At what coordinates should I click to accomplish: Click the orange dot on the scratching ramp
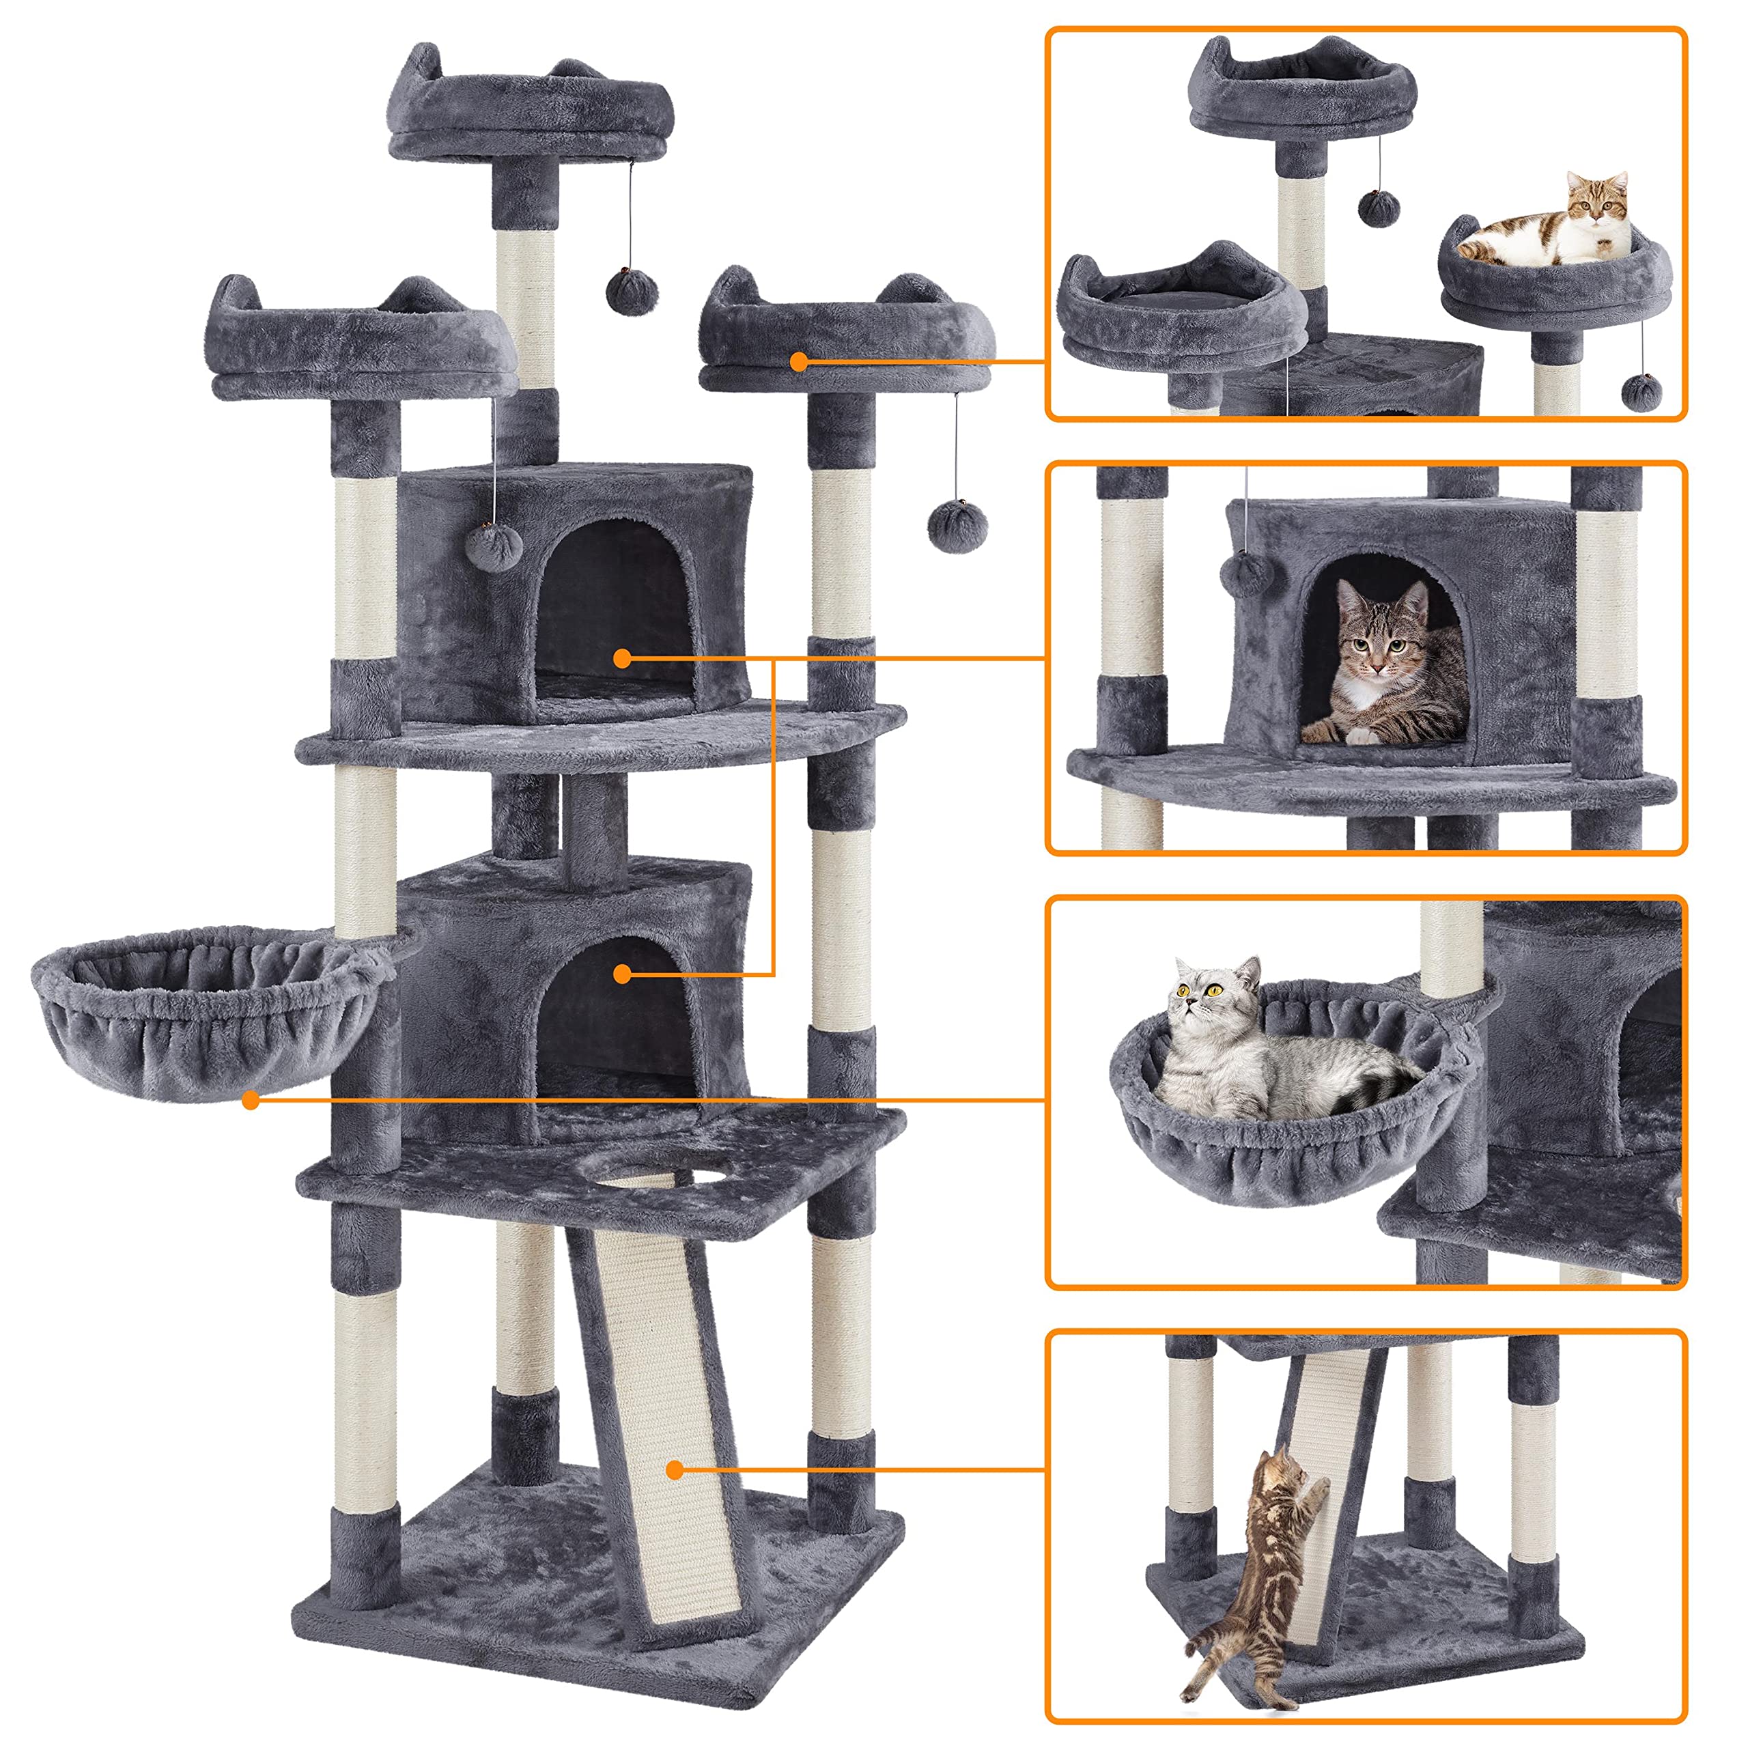[674, 1469]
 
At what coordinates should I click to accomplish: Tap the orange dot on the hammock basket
[251, 1100]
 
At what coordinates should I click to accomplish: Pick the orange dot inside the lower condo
[621, 974]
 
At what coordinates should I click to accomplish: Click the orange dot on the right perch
[798, 362]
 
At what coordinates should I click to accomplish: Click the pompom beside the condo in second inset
[1247, 574]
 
